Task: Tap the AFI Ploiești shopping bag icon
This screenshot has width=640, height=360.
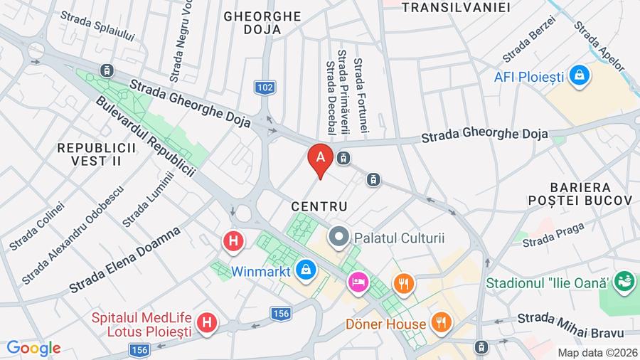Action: (x=580, y=75)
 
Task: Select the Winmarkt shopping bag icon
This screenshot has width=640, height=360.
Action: (x=306, y=270)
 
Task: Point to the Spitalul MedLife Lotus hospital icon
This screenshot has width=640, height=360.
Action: (x=207, y=323)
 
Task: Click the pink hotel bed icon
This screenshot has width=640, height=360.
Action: (x=356, y=283)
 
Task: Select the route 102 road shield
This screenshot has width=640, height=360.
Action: (x=264, y=88)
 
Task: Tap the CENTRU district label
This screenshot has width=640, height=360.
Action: (x=319, y=206)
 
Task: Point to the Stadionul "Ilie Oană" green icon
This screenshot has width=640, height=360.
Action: (x=625, y=281)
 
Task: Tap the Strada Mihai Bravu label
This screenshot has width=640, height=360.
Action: (x=570, y=324)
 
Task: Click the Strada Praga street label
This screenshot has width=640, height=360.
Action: (x=553, y=235)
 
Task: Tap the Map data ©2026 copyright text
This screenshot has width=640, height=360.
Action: (x=597, y=352)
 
